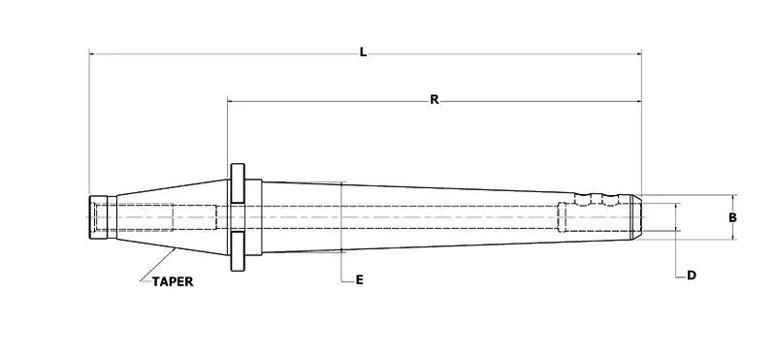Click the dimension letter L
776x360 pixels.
tap(363, 52)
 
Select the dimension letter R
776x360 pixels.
tap(434, 99)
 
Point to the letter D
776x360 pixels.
tap(692, 276)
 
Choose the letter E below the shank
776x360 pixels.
tap(359, 279)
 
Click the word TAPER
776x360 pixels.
tap(171, 282)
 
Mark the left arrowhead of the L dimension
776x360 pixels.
tap(93, 55)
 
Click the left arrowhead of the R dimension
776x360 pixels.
tap(232, 100)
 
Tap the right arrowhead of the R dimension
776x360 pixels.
tap(636, 100)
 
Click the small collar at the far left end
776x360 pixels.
tap(100, 217)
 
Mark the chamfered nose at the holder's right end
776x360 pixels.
tap(635, 217)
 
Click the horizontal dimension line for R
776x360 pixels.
tap(339, 100)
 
